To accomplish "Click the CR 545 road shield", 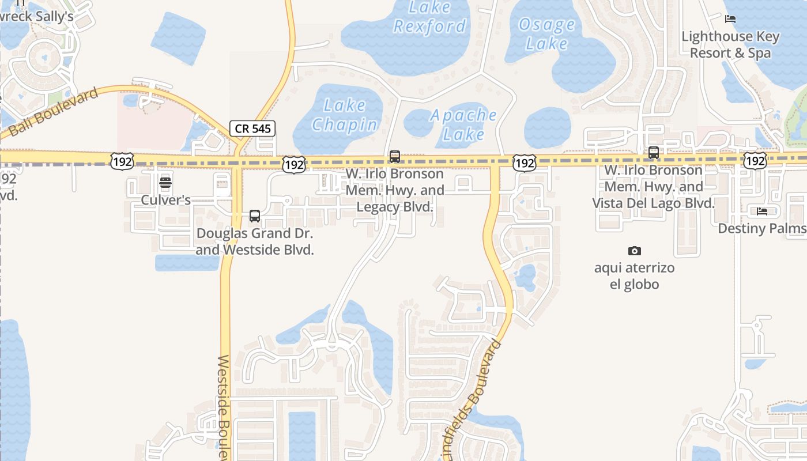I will point(252,129).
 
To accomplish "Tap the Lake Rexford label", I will point(429,17).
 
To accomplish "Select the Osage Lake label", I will point(546,34).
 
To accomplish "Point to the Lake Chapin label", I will point(345,115).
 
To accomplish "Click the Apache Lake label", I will point(464,124).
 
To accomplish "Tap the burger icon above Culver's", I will point(165,183).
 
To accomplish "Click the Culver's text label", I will point(166,201).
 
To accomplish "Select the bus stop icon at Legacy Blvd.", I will point(395,156).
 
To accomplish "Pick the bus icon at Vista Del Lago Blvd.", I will point(654,153).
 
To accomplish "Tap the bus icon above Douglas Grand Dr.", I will point(255,216).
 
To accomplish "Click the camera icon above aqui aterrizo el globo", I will point(635,251).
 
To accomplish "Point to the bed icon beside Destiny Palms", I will point(762,211).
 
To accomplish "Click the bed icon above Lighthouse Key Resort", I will point(730,19).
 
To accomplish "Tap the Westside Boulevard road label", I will point(225,406).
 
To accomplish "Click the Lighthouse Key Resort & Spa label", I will point(730,44).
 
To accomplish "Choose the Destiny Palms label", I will point(761,229).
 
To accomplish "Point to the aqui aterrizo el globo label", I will point(635,276).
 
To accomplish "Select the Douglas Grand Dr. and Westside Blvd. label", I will point(255,242).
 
